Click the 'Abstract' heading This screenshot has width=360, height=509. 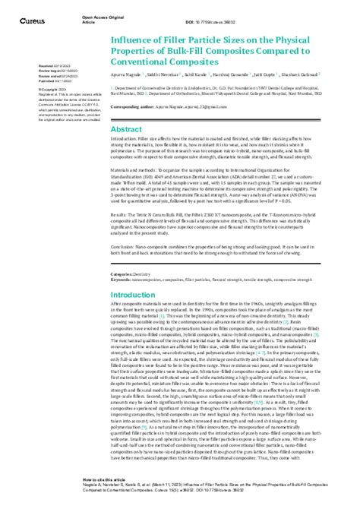(126, 129)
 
